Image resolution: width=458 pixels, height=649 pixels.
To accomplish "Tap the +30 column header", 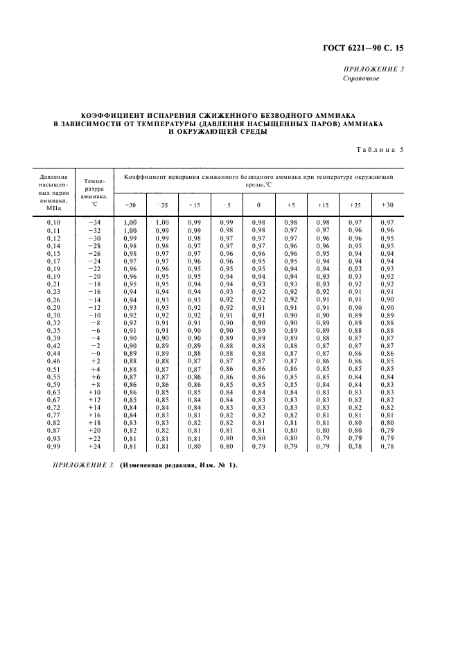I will [387, 205].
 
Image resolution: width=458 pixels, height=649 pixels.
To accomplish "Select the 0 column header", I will [258, 205].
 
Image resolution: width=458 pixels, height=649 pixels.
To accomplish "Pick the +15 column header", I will [323, 205].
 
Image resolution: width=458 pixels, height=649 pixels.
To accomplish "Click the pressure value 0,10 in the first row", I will [53, 222].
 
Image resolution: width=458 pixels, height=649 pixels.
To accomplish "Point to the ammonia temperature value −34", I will [95, 222].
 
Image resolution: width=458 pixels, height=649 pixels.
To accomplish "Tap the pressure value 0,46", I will [53, 361].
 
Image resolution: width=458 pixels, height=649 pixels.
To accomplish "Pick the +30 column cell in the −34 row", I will [387, 222].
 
